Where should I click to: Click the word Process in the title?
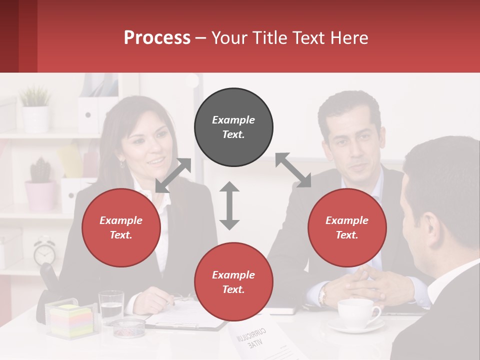pos(157,38)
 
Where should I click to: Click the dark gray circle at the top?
pos(233,127)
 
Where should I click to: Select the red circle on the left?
pos(121,228)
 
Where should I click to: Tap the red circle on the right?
pos(347,228)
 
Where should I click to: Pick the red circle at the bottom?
pos(233,282)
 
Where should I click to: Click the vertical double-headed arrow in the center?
pos(229,205)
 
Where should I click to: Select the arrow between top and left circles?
pos(173,175)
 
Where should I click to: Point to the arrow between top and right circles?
pos(293,170)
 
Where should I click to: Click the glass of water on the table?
pos(111,306)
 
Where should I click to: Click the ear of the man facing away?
pos(428,225)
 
